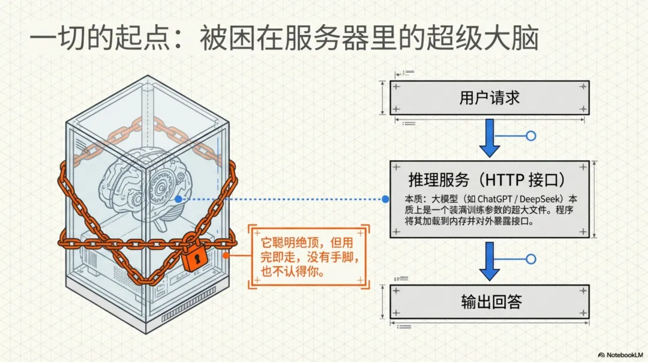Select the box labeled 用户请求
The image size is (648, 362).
(x=489, y=97)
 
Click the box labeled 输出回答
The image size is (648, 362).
(x=489, y=301)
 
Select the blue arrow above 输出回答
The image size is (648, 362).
(x=490, y=260)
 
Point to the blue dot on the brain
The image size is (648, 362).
(x=179, y=199)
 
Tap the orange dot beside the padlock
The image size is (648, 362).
(x=226, y=255)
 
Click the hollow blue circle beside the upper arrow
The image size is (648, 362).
(x=530, y=136)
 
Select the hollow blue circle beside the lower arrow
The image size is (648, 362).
(x=530, y=259)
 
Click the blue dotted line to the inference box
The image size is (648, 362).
(x=282, y=199)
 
